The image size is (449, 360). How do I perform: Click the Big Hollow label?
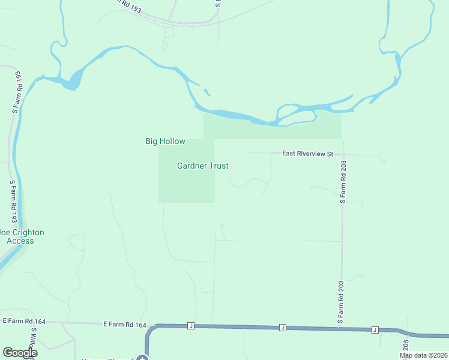165,142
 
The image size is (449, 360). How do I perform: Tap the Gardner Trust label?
203,166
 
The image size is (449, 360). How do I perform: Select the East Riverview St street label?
307,154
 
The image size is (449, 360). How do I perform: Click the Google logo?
20,353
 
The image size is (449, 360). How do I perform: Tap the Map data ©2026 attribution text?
424,355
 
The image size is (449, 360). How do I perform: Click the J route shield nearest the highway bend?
191,326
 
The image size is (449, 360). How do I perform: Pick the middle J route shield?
282,328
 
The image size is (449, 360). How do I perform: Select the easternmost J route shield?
375,329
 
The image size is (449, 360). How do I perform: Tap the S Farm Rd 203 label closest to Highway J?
340,303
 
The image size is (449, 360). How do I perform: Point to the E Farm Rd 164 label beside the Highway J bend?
125,325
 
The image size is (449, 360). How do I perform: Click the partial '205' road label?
406,346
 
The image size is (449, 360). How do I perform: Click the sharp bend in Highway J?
151,329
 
